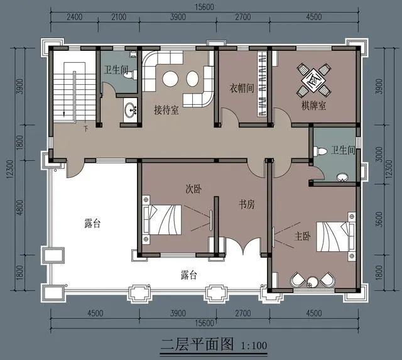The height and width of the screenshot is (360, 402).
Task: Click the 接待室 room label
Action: [166, 110]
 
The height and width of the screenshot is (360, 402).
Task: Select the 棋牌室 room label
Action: [313, 106]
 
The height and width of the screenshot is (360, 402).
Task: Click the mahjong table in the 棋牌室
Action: [313, 79]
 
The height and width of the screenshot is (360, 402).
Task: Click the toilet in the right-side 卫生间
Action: [322, 151]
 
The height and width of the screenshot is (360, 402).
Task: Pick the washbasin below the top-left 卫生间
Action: [132, 111]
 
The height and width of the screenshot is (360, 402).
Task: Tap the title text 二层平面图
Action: [197, 344]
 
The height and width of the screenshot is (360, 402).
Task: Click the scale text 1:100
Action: [254, 345]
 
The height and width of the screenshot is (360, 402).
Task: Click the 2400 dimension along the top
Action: [75, 18]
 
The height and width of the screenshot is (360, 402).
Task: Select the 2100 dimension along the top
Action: [117, 18]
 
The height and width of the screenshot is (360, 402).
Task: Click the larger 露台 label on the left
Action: [92, 222]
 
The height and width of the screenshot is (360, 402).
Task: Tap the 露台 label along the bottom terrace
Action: [189, 275]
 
